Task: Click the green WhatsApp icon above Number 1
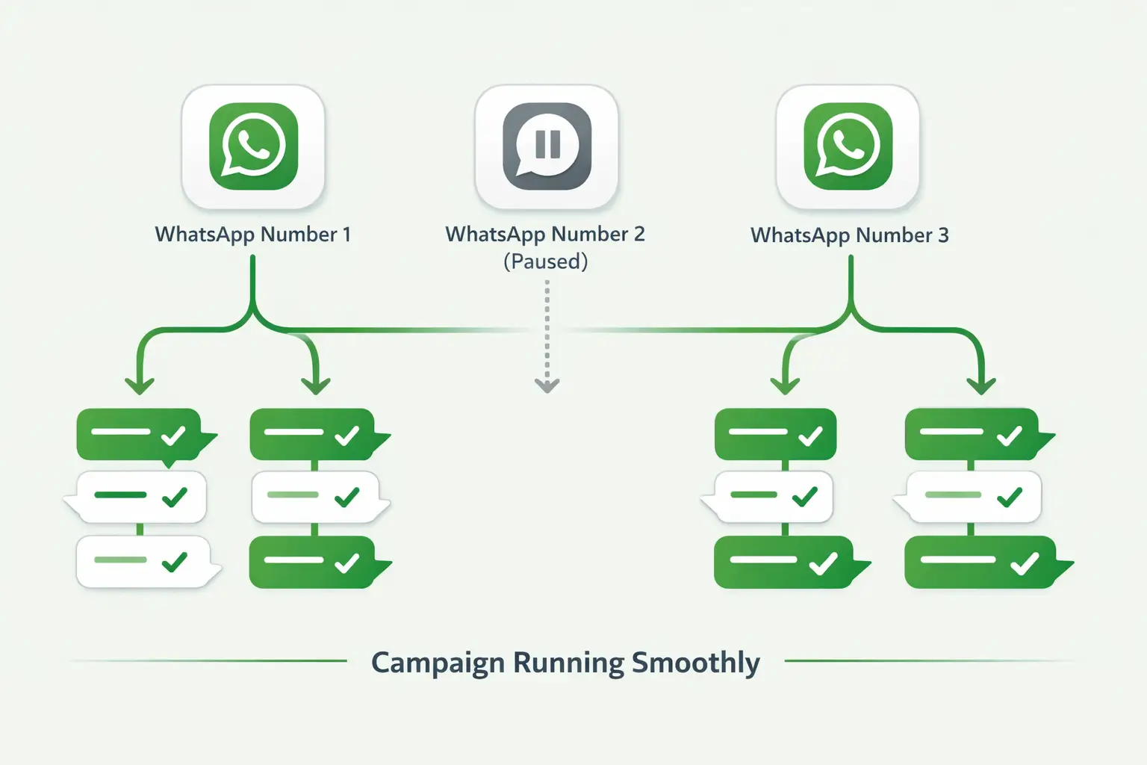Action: pyautogui.click(x=253, y=146)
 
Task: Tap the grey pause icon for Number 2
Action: pyautogui.click(x=547, y=146)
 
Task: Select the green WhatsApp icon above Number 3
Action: pyautogui.click(x=848, y=146)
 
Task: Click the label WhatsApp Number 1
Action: pyautogui.click(x=252, y=235)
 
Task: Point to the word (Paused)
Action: pyautogui.click(x=546, y=261)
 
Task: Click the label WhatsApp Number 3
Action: pyautogui.click(x=849, y=235)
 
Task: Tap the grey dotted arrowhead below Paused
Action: pyautogui.click(x=547, y=385)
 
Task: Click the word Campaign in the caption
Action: pyautogui.click(x=438, y=663)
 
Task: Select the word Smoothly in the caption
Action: pyautogui.click(x=696, y=663)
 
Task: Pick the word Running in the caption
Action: pyautogui.click(x=568, y=663)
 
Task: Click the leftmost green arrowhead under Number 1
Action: pyautogui.click(x=140, y=385)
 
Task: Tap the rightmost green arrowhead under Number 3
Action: pyautogui.click(x=981, y=385)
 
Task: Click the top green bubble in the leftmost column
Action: pyautogui.click(x=140, y=434)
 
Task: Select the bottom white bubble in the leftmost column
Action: pyautogui.click(x=142, y=561)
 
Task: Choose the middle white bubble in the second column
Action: pyautogui.click(x=315, y=497)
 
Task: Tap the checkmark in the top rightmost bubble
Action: pyautogui.click(x=1010, y=435)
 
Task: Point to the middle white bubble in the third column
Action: pyautogui.click(x=774, y=497)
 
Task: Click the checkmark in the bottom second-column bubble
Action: pyautogui.click(x=346, y=563)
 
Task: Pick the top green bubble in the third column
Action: pyautogui.click(x=775, y=434)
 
